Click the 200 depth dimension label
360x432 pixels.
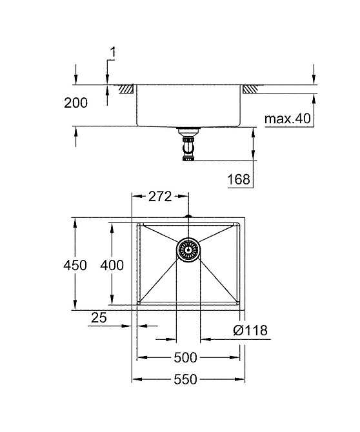[75, 103]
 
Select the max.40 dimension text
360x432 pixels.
[288, 119]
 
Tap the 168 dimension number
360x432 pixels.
[239, 179]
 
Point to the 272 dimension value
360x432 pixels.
[160, 197]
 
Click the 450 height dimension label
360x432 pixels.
[75, 265]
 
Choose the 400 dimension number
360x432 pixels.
[112, 265]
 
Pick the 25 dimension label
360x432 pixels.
[99, 318]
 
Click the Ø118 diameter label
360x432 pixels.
[250, 330]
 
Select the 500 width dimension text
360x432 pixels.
[186, 358]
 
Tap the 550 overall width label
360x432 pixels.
[186, 379]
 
